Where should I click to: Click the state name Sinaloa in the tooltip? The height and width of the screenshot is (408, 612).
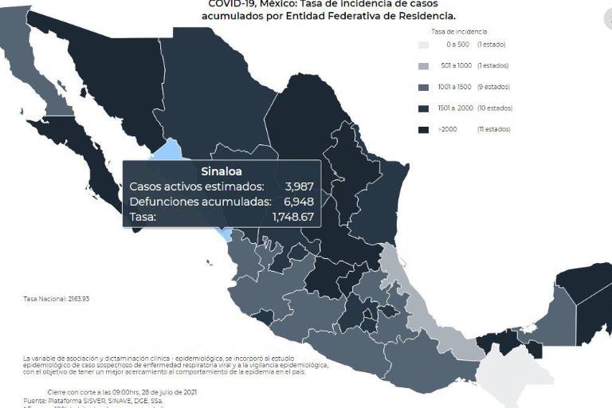(x=222, y=171)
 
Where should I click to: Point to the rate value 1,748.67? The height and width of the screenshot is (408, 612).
(x=292, y=217)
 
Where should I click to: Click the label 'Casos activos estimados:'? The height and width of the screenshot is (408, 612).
(x=196, y=186)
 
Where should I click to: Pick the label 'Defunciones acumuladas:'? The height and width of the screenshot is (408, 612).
(x=200, y=202)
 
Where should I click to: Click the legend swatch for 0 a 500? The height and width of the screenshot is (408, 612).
(x=425, y=45)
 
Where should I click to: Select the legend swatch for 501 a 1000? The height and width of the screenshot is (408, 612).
(x=425, y=65)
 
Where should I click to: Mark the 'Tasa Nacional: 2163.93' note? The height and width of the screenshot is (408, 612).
(x=57, y=300)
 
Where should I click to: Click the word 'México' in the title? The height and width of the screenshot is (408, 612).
(x=269, y=3)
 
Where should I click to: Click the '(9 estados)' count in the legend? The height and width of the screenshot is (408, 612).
(x=493, y=87)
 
